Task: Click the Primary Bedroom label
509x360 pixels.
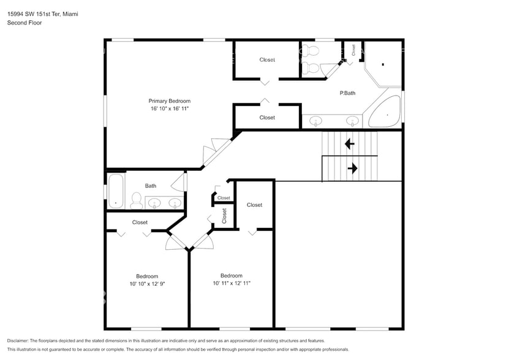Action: (169, 101)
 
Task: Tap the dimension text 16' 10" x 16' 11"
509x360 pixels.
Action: (169, 108)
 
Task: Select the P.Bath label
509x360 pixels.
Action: (347, 93)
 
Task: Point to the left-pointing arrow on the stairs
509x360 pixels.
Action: (349, 144)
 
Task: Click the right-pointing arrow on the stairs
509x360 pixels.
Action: (354, 167)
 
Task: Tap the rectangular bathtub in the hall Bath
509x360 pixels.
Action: (116, 191)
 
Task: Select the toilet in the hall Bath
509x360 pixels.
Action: (136, 200)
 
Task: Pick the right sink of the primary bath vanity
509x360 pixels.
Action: (353, 121)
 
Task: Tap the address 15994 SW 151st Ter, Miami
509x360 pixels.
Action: (42, 13)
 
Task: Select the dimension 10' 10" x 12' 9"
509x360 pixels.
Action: (147, 283)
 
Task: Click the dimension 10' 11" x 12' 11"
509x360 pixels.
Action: (232, 283)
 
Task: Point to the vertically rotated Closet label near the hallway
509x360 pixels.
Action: (224, 215)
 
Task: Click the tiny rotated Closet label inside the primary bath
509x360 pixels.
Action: (353, 50)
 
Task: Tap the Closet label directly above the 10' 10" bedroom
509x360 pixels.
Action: (140, 222)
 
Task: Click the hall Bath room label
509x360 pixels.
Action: (151, 186)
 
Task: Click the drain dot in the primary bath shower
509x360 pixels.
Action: (383, 64)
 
